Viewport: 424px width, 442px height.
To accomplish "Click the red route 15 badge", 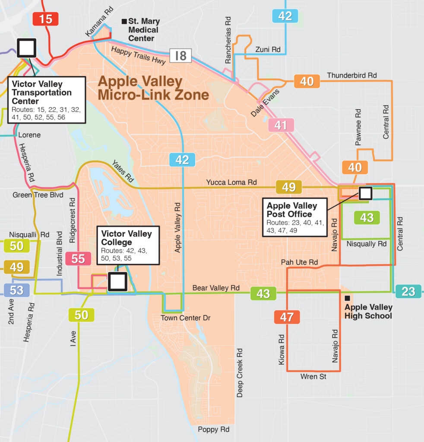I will [45, 19].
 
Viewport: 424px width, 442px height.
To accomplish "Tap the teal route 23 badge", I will [408, 291].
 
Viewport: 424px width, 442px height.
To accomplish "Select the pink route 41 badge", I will [281, 125].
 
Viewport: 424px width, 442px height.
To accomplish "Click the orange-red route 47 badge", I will [287, 318].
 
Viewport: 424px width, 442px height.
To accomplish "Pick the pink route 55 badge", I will [78, 259].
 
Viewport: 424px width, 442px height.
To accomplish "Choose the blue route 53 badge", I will [16, 289].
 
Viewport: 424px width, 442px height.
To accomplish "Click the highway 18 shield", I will [180, 55].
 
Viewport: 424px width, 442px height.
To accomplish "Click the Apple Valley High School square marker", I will [347, 298].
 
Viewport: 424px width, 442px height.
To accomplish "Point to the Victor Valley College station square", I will [117, 282].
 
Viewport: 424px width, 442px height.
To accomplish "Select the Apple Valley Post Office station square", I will [365, 193].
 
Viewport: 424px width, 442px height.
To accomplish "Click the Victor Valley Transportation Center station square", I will [26, 47].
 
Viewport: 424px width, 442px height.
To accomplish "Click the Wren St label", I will [313, 377].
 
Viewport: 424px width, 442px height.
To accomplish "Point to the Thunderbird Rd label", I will [351, 76].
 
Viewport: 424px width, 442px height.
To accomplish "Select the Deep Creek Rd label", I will [240, 373].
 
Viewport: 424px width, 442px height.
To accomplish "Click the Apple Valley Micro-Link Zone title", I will [153, 88].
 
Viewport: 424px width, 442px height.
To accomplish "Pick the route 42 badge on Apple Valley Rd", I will [182, 160].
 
